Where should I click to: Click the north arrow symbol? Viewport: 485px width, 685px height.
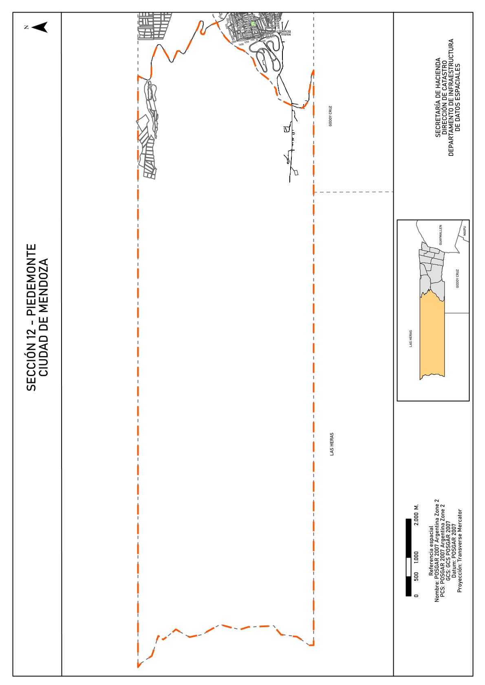40,27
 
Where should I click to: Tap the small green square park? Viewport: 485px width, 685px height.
253,24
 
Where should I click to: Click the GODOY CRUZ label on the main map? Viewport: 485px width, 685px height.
331,116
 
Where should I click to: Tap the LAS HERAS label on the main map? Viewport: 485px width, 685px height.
332,444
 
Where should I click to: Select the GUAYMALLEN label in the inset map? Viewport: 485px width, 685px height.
440,234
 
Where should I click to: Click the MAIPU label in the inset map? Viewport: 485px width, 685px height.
464,232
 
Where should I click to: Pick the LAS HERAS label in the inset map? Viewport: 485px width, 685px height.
411,338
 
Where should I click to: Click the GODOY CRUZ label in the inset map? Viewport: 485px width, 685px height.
457,278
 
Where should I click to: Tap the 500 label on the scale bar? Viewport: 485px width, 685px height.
416,576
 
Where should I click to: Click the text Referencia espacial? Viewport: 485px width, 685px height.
431,552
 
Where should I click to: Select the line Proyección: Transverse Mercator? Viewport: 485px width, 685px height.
460,550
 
